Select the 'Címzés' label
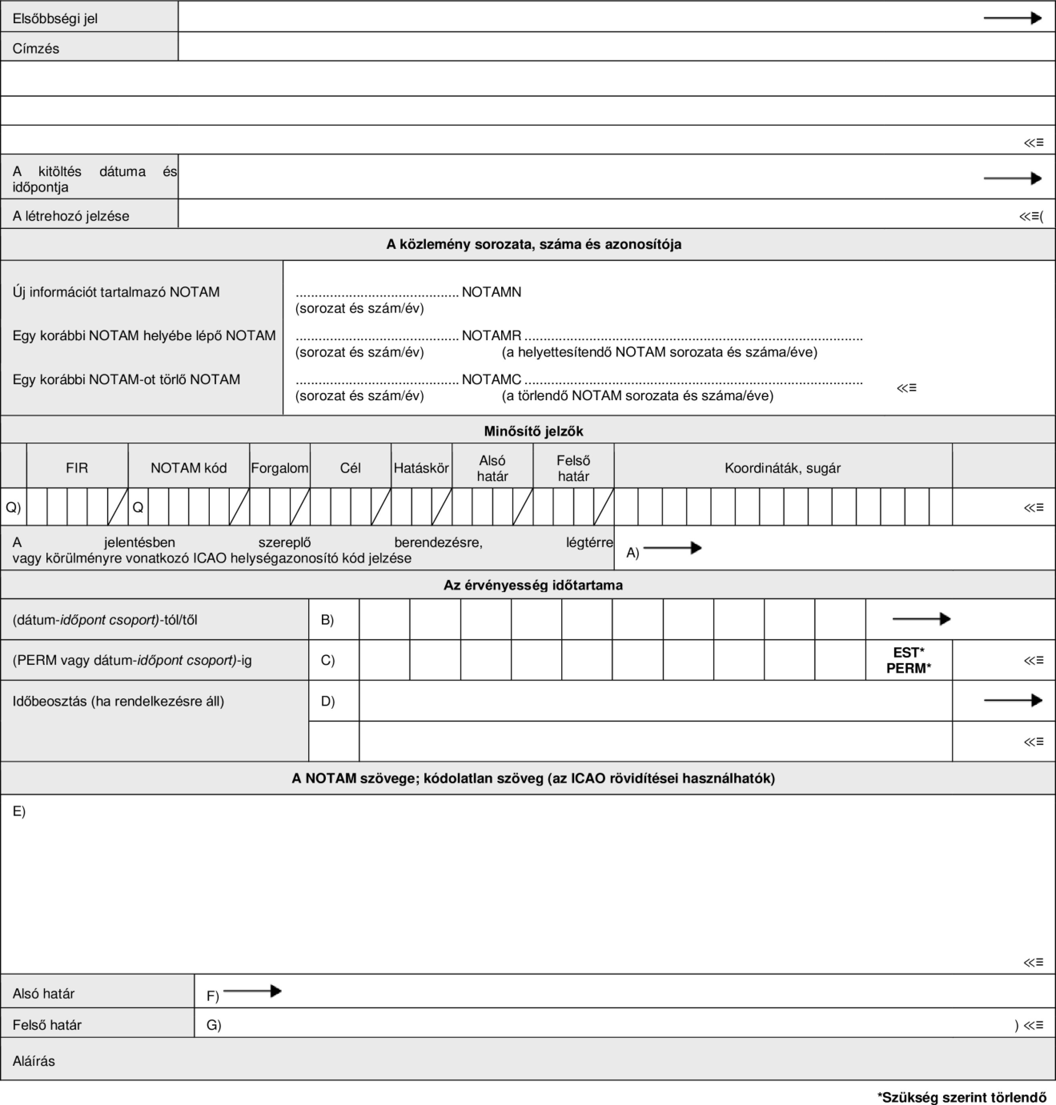click(36, 48)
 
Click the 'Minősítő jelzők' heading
click(533, 431)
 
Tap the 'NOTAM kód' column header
click(189, 468)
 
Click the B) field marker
click(327, 620)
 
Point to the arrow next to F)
click(252, 991)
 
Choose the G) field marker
click(213, 1025)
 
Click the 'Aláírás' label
click(34, 1061)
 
